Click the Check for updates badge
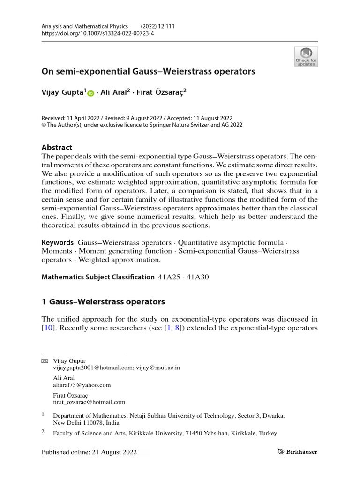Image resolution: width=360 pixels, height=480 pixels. coord(306,57)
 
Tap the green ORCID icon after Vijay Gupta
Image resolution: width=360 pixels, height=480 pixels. coord(90,93)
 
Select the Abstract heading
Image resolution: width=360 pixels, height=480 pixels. coord(57,147)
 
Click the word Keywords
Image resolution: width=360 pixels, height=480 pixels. coord(58,242)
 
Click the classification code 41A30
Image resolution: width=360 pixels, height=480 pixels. coord(198,277)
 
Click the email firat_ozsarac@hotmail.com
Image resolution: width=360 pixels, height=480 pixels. coord(89,402)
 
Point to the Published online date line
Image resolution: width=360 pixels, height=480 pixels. coord(89,452)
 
